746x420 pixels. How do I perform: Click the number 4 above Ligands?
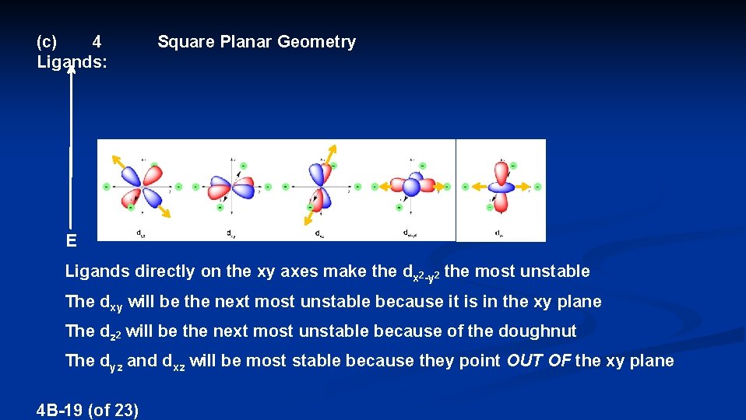point(97,41)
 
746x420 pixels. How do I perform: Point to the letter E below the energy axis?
point(71,241)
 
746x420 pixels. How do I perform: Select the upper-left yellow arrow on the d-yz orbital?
point(118,160)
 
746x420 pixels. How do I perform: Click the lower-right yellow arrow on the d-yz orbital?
point(164,212)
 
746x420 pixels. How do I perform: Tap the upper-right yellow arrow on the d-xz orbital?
point(332,151)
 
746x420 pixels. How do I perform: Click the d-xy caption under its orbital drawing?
point(231,233)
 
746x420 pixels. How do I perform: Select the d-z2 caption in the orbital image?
point(498,233)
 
